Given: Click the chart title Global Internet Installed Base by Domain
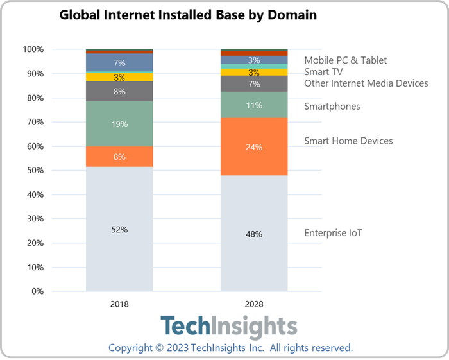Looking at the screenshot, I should click(188, 15).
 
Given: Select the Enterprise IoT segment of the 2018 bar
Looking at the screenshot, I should click(119, 244).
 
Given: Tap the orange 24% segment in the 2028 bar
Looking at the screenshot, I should click(254, 146).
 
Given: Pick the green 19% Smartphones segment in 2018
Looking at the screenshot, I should click(119, 124).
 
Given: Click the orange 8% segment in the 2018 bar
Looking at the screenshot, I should click(119, 156).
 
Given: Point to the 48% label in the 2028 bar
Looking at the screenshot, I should click(254, 234).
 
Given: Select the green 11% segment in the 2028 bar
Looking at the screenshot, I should click(254, 105).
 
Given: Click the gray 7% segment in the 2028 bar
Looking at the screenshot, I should click(254, 84).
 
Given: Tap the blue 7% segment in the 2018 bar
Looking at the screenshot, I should click(119, 62).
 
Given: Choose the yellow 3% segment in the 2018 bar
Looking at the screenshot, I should click(119, 77).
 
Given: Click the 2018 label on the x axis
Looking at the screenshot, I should click(119, 304).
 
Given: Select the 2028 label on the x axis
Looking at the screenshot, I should click(254, 304).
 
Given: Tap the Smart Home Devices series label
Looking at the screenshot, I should click(348, 141).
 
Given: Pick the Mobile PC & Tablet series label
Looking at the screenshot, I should click(346, 60).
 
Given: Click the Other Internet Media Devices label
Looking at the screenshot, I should click(366, 83).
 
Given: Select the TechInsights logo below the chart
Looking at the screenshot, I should click(228, 327).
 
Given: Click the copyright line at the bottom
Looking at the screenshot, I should click(230, 348).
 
